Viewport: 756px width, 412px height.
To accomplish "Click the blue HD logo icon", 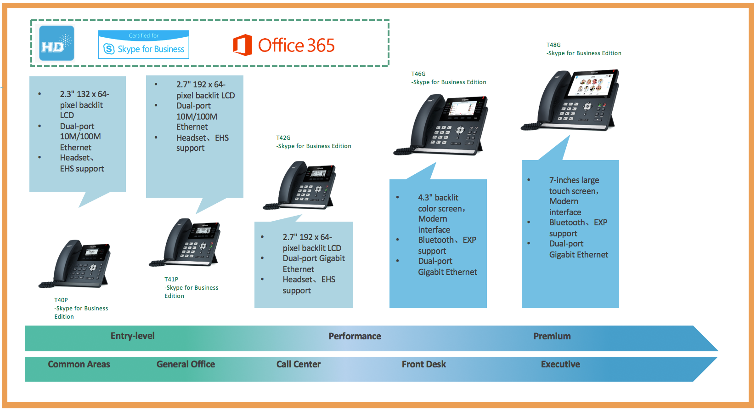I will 56,43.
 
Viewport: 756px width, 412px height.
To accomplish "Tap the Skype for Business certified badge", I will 144,45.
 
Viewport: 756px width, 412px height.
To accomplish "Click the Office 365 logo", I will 284,45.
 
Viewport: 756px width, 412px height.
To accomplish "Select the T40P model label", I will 61,300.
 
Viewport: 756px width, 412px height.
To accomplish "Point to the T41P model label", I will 171,279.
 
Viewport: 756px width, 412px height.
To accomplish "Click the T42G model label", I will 283,137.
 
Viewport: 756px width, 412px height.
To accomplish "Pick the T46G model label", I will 418,74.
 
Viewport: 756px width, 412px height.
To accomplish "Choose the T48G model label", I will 553,45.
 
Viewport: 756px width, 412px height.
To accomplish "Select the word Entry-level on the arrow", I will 132,336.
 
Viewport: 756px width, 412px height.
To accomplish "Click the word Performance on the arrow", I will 355,337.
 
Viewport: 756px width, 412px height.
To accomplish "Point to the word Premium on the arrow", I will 552,337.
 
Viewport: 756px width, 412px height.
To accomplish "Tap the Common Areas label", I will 79,365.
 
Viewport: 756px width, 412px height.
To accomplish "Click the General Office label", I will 186,365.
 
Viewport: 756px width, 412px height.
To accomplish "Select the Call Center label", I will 299,365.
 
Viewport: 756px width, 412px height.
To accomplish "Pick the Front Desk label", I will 423,365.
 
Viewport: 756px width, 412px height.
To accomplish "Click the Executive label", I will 560,365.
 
